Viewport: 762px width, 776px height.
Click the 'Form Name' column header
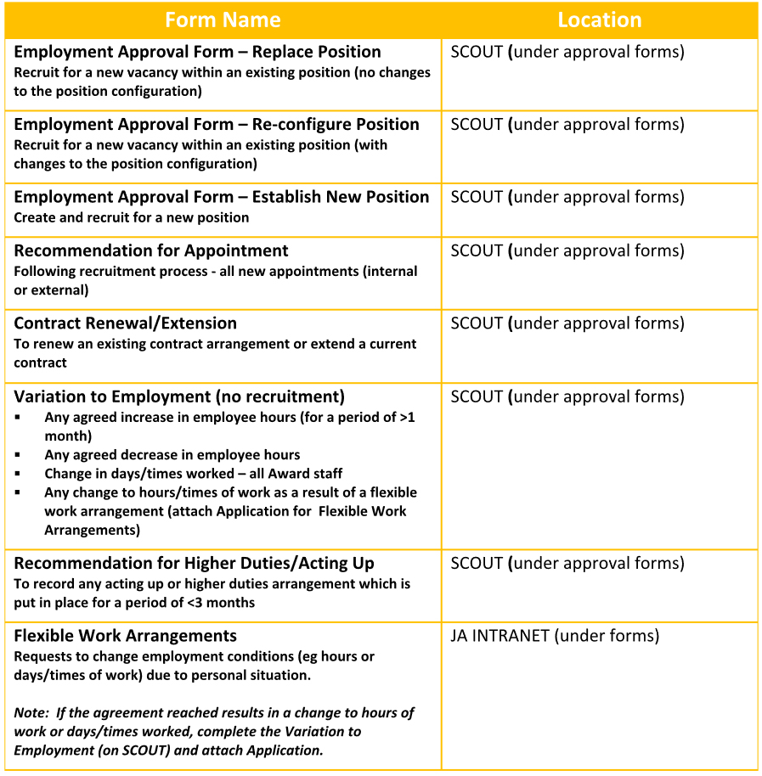click(x=223, y=20)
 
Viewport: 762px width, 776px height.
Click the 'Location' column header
click(x=599, y=20)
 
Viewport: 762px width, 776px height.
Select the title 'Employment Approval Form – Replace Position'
click(x=197, y=52)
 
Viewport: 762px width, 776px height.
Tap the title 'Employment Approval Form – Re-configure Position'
click(x=217, y=125)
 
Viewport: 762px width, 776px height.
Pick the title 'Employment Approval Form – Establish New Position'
click(x=222, y=197)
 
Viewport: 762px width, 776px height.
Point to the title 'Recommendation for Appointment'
click(x=151, y=250)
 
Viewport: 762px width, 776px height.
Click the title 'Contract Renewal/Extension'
click(x=126, y=323)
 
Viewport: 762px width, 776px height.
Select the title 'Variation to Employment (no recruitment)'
click(x=179, y=396)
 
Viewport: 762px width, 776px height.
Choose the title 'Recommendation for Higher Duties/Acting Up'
click(x=195, y=563)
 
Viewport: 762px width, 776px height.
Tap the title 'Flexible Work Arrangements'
click(x=126, y=636)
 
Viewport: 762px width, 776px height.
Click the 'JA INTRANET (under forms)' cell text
click(x=555, y=636)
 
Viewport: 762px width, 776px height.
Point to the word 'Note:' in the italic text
click(x=31, y=712)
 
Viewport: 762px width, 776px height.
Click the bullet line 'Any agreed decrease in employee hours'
click(x=172, y=455)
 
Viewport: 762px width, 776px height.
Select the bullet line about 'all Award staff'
click(x=194, y=474)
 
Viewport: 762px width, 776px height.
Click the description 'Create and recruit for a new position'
click(x=132, y=217)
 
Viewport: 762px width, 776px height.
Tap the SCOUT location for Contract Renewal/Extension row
click(x=567, y=323)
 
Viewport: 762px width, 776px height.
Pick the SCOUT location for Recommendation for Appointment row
click(x=567, y=250)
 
